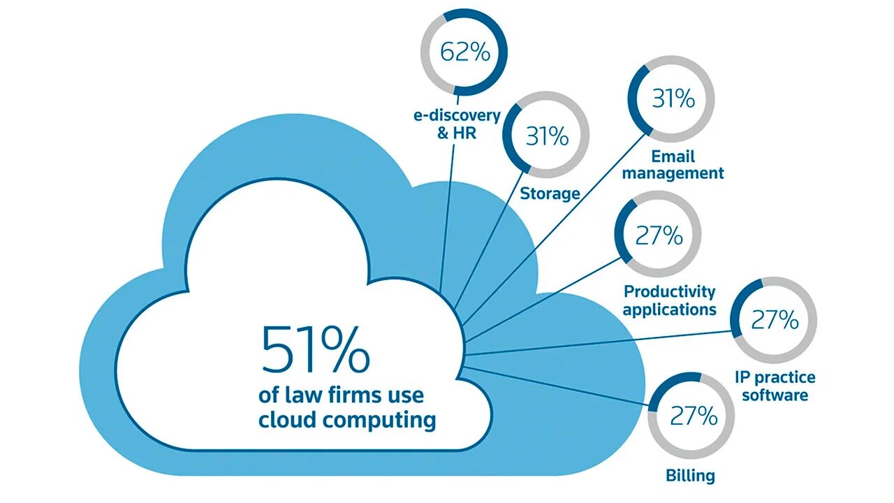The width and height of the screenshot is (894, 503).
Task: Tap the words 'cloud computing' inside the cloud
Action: click(347, 420)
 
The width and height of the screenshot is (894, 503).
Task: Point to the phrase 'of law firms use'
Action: click(341, 395)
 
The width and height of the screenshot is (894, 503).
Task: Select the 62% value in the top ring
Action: click(464, 52)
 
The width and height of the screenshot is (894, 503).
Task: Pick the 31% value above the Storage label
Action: click(547, 136)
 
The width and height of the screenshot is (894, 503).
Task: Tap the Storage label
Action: click(550, 194)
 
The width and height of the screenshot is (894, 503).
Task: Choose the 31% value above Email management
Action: click(673, 99)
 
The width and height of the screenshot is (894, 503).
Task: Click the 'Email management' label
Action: click(673, 164)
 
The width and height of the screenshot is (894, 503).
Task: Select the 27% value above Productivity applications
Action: click(659, 235)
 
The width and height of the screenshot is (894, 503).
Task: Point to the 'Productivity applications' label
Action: click(670, 300)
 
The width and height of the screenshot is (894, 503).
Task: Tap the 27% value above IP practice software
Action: click(774, 320)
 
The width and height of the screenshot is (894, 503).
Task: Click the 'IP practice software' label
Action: click(775, 386)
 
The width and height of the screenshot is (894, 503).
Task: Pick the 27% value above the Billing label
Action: click(692, 416)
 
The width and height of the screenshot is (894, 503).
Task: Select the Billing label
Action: click(690, 476)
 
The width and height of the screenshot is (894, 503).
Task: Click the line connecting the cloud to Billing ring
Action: click(559, 384)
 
